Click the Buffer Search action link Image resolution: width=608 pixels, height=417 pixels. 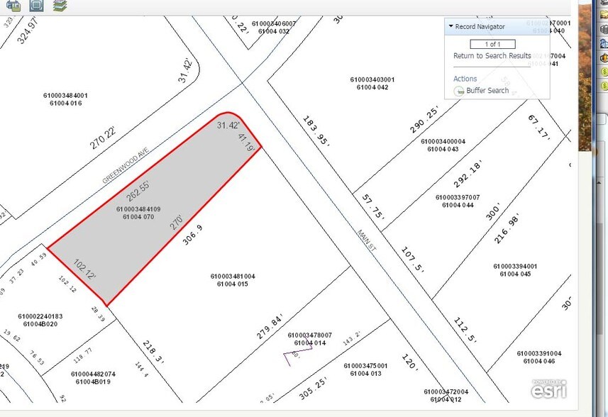(x=487, y=91)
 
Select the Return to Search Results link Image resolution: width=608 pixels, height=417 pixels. (x=492, y=56)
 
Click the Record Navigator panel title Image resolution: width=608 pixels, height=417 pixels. (x=480, y=26)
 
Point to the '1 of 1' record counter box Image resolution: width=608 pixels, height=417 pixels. (x=492, y=44)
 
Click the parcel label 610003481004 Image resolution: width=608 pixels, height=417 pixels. (x=233, y=277)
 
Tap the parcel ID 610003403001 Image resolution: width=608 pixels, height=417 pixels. (x=372, y=79)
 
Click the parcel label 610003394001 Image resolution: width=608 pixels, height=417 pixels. (x=515, y=267)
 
